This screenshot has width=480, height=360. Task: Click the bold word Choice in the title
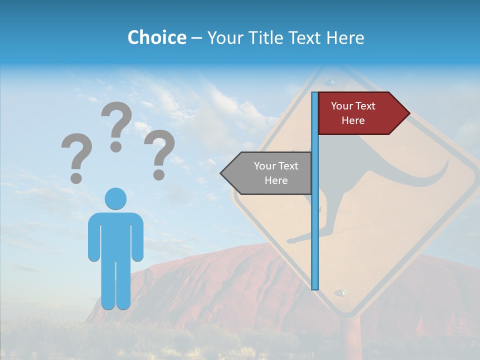(x=156, y=38)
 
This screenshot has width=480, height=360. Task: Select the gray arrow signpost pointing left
(x=270, y=173)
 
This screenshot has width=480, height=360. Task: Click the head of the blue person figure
(x=115, y=198)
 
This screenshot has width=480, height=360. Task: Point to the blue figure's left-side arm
(x=94, y=237)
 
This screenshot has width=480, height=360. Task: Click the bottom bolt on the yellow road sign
(x=341, y=292)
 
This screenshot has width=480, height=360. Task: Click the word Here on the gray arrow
(x=276, y=180)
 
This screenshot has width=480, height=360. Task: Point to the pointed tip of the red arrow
(x=408, y=113)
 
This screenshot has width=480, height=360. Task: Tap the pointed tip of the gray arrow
(x=222, y=173)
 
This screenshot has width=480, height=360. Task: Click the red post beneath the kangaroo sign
(x=352, y=340)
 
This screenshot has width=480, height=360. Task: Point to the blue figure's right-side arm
(x=137, y=237)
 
